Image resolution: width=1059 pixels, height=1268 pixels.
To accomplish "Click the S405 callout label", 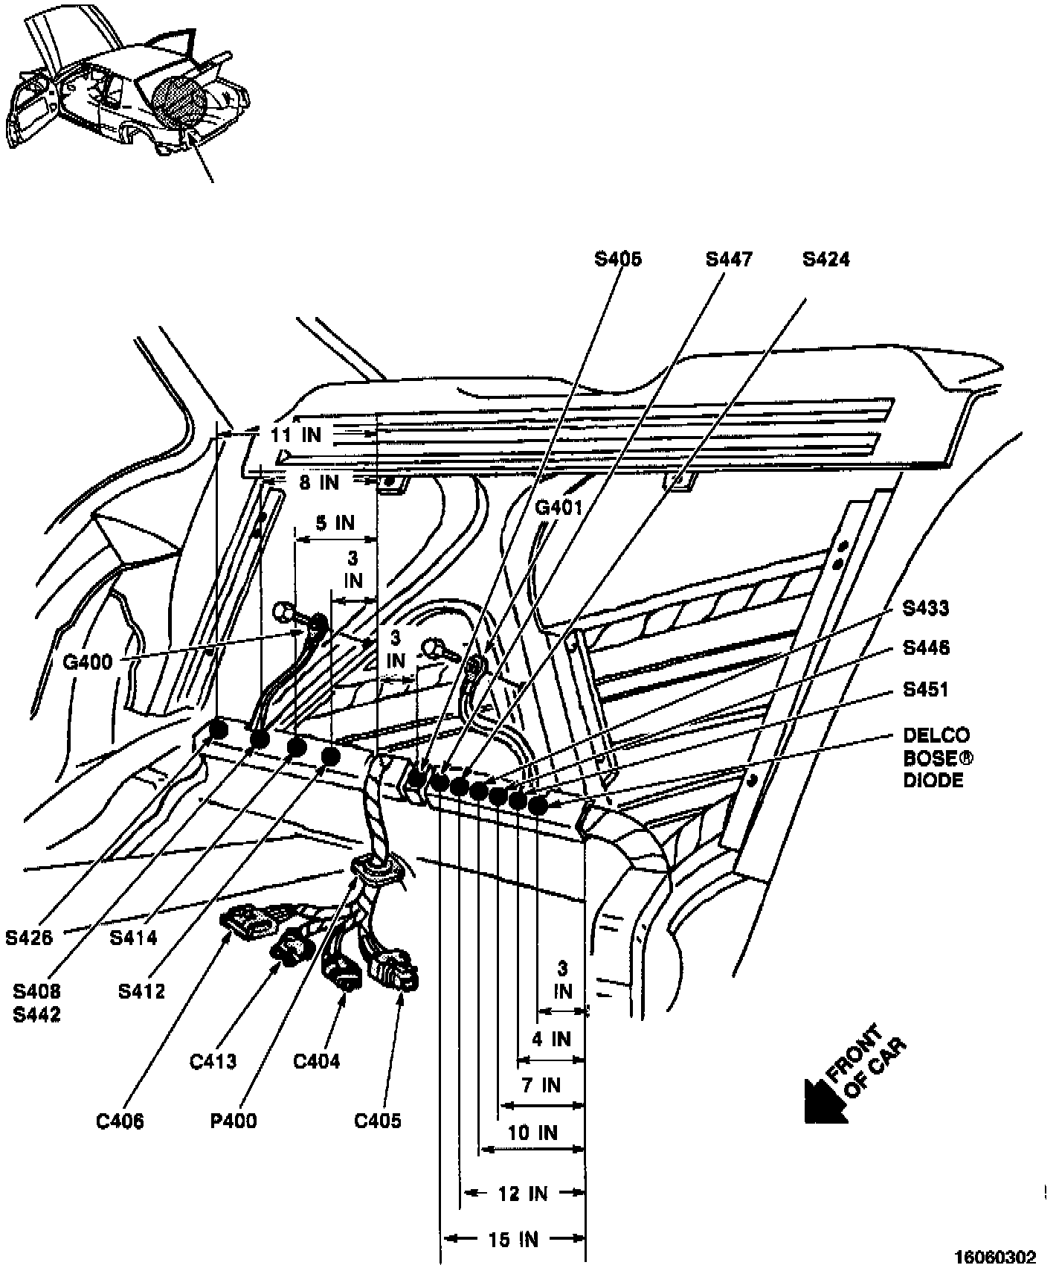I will point(617,259).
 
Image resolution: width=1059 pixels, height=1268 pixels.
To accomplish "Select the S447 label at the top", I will point(729,259).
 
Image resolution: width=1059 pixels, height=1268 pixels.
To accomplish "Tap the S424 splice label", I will point(825,259).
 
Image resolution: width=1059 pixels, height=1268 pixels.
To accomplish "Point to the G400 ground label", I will point(88,662).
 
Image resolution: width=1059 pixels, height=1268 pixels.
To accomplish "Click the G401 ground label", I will point(559,507).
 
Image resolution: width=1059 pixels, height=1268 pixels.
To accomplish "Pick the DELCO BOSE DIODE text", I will point(936,758).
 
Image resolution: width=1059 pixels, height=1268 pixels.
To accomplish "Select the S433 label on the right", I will point(926,608).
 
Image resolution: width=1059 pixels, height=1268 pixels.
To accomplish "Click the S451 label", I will point(926,689).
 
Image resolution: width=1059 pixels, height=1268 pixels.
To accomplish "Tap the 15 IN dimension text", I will point(513,1239).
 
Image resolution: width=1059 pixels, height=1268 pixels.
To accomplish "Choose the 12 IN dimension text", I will point(523,1194).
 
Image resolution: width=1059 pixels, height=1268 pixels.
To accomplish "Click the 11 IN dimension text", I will point(296,435).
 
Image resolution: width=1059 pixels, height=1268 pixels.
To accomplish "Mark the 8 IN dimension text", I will point(318,483).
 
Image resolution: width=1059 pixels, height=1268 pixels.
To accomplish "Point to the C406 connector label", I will point(120,1121).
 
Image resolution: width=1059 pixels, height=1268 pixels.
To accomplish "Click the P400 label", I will point(234,1120).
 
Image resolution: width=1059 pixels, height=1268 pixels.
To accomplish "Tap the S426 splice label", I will point(30,938).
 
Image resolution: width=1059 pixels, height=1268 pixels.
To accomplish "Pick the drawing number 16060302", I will point(994,1257).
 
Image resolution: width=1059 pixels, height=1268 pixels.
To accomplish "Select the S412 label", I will point(141,991).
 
